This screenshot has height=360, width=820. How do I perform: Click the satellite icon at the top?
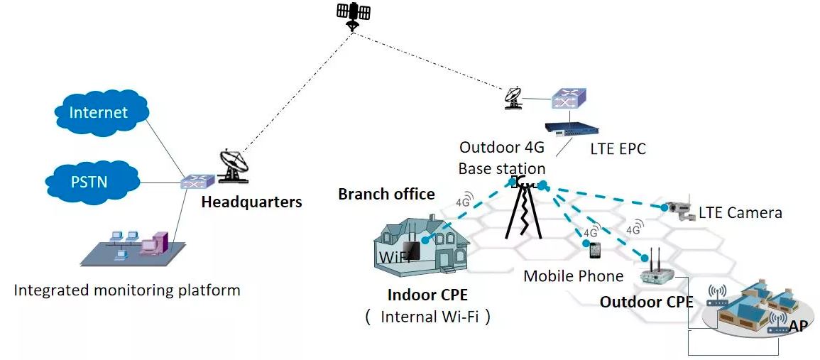point(353,14)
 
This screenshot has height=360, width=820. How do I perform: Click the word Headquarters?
point(251,202)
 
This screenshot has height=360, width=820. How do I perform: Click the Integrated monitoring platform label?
point(127,290)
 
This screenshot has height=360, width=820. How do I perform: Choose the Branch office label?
point(386,194)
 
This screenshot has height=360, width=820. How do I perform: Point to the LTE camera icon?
point(677,206)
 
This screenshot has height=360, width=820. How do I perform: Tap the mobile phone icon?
point(595,251)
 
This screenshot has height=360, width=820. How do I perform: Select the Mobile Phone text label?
point(573,276)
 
